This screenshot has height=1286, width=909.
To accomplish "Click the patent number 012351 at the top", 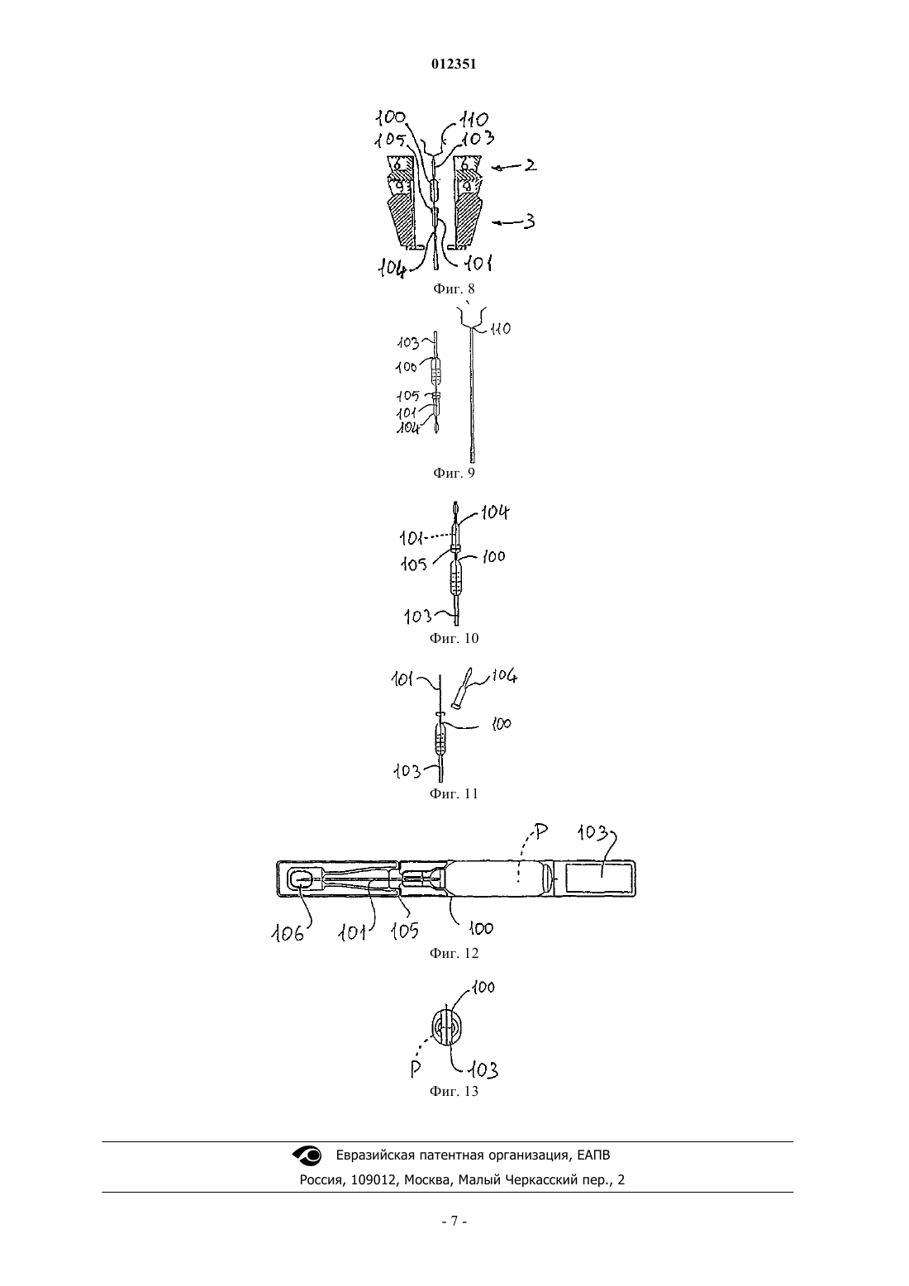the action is pos(454,64).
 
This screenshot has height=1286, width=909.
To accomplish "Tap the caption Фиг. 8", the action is pos(454,288).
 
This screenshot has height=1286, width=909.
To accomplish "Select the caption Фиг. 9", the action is pos(454,473).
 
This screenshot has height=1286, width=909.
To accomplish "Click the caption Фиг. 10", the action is pos(454,638).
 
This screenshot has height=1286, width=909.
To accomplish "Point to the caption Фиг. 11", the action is pos(454,794).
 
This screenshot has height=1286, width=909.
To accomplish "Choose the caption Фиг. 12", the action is pos(454,953).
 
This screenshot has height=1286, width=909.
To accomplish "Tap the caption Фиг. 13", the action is pos(454,1092).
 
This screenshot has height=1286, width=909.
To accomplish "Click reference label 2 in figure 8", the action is pos(530,165).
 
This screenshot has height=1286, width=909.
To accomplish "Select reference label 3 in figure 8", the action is pos(530,221).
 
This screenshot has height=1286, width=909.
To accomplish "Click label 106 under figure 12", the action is pos(288,934).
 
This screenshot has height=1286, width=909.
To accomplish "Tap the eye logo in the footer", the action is pos(307,1155).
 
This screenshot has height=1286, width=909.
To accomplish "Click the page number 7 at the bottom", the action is pos(454,1222).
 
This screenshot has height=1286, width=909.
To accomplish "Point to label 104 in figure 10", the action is pos(494,512).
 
